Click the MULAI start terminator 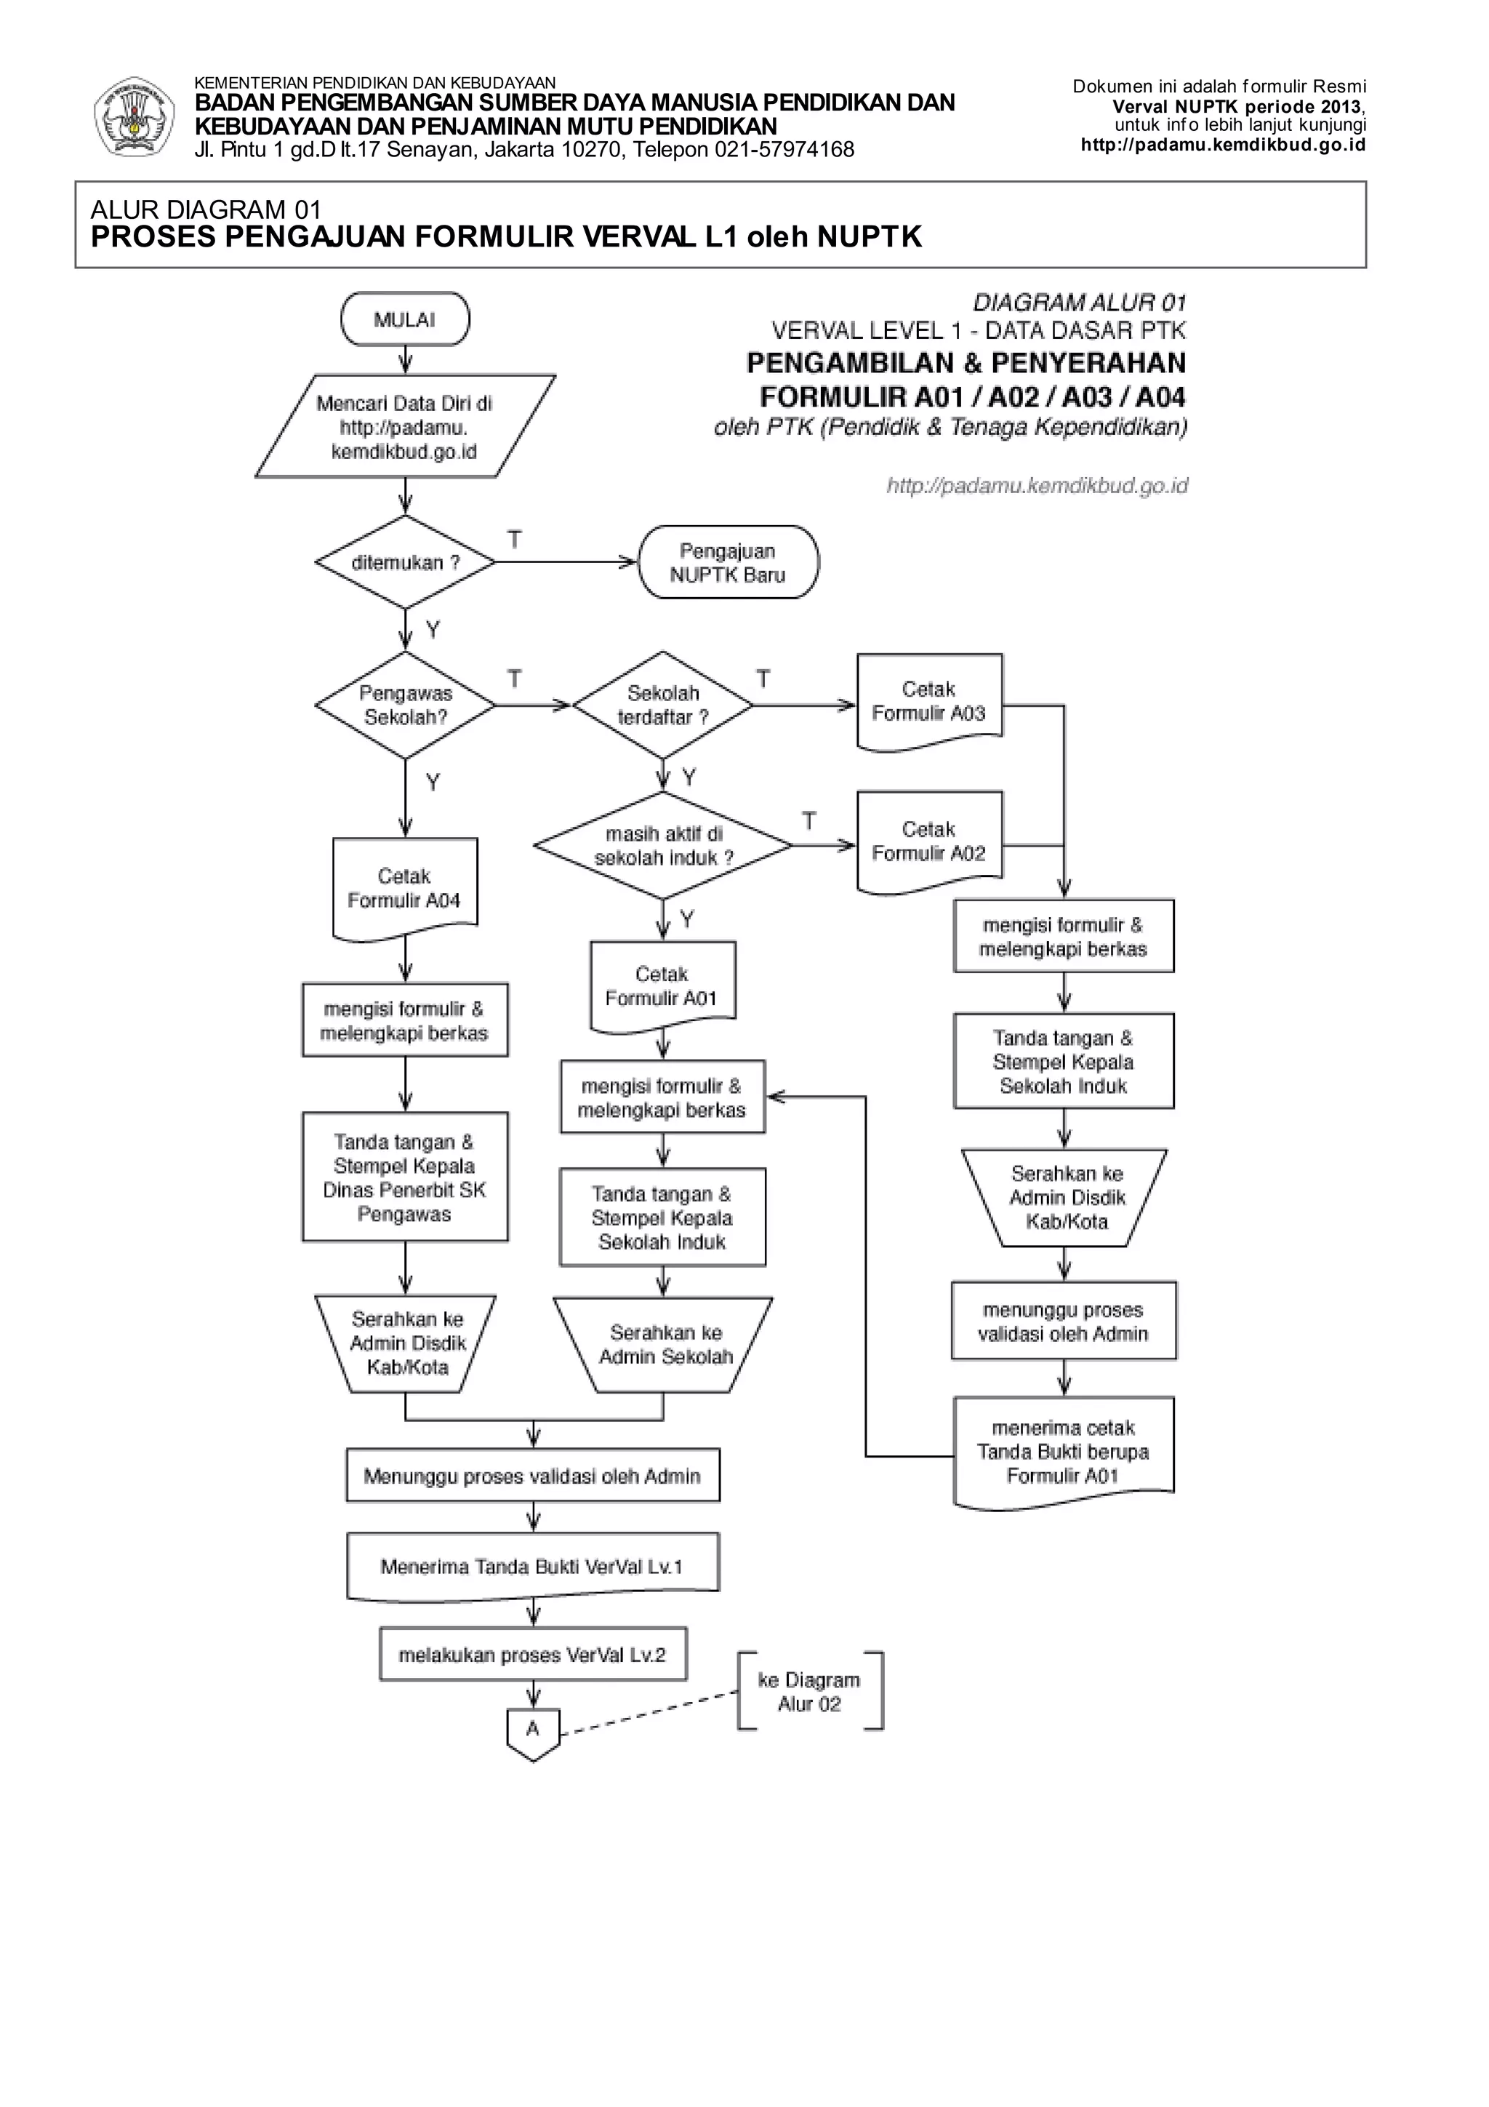404,320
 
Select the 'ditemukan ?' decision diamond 404,562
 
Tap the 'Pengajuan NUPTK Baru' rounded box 728,562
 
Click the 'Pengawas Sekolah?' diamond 404,705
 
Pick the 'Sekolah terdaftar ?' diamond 662,705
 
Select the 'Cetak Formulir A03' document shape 928,702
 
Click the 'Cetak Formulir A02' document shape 928,841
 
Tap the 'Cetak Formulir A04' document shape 404,888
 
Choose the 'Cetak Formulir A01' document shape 662,986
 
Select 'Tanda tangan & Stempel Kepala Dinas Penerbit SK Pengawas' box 404,1178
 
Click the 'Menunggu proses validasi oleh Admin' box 532,1476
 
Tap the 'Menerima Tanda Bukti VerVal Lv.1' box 532,1567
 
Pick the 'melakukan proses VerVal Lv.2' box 532,1655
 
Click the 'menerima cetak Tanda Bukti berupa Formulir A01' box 1063,1452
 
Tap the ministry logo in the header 134,116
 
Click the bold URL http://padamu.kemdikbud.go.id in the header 1223,145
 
